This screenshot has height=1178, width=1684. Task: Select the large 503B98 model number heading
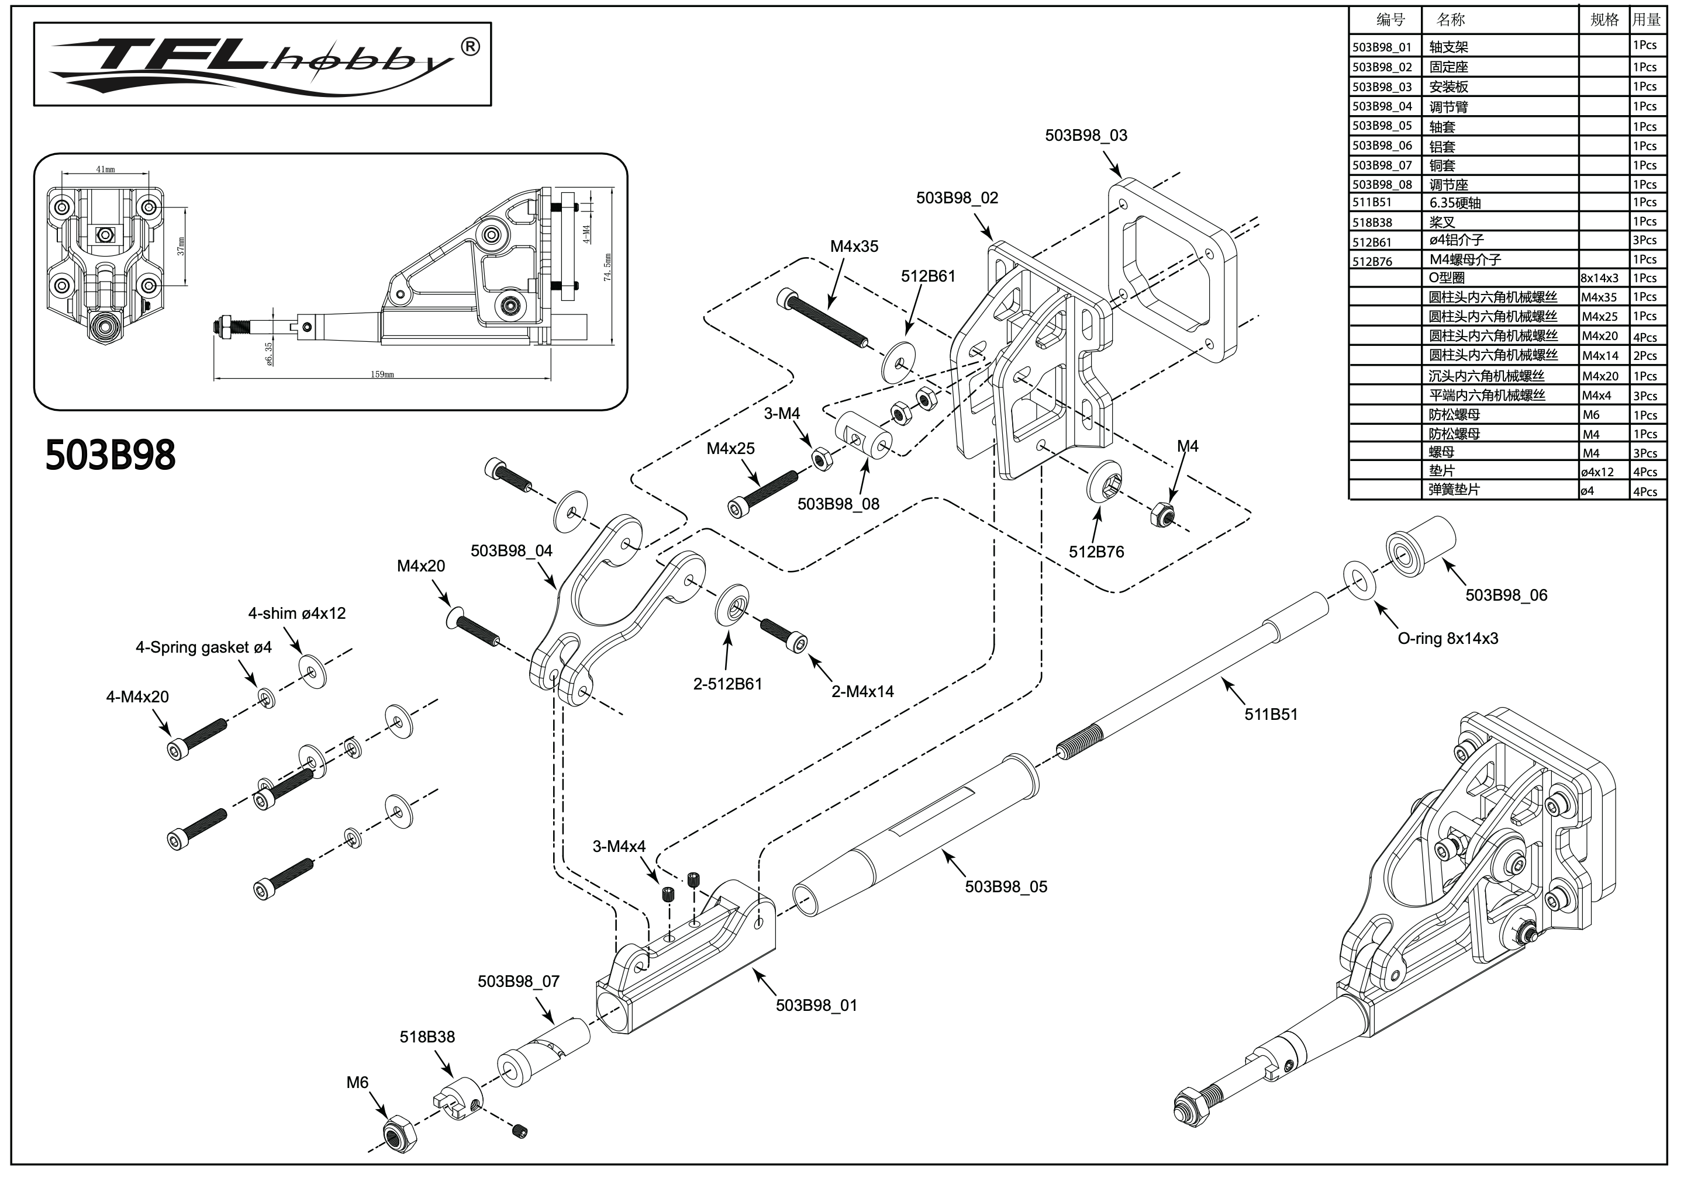click(x=110, y=455)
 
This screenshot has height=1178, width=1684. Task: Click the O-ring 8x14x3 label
click(x=1447, y=639)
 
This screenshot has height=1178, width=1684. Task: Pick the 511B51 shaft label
click(x=1271, y=714)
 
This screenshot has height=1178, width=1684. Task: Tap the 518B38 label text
click(x=427, y=1037)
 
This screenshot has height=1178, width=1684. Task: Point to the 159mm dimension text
click(x=382, y=375)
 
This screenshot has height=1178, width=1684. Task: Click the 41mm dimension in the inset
click(x=106, y=170)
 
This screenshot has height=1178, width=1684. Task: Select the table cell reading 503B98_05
click(x=1382, y=126)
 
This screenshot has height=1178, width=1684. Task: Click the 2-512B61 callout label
click(x=727, y=684)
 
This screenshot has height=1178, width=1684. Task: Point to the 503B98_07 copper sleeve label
click(x=518, y=982)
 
